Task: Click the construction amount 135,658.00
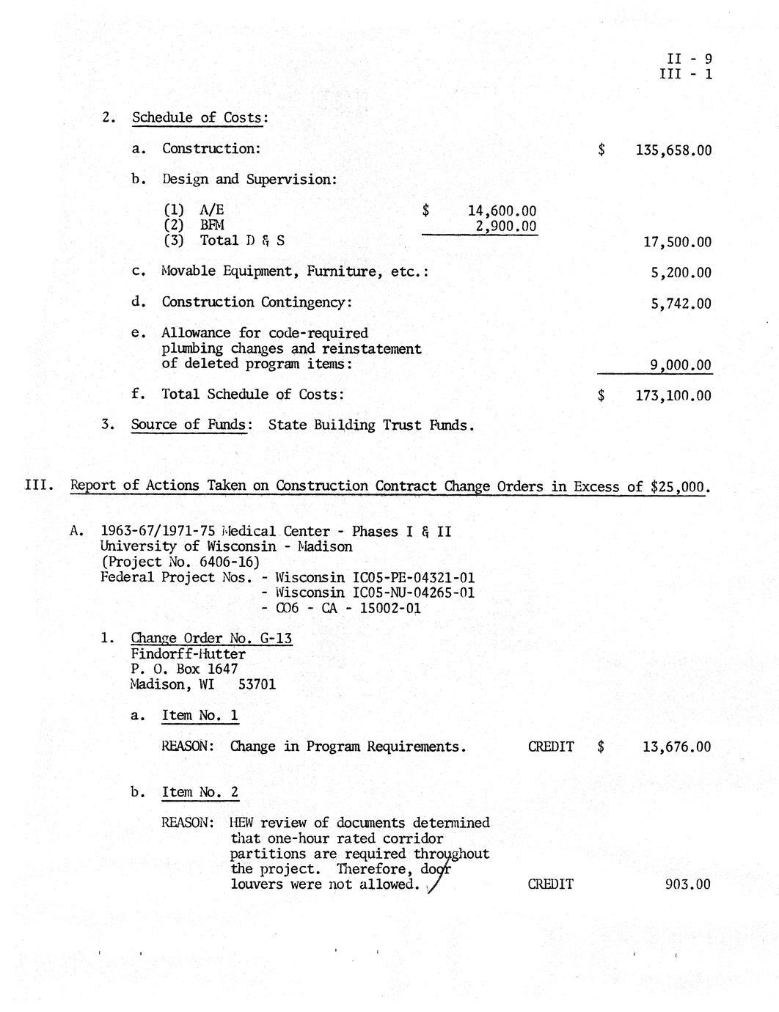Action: [673, 150]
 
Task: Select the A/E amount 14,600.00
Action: [502, 211]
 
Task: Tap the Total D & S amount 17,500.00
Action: [677, 242]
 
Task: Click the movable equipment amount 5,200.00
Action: [681, 273]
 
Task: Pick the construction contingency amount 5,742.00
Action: [681, 304]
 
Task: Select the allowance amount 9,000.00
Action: [681, 365]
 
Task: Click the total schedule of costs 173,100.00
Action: [673, 396]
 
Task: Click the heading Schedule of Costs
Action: [199, 117]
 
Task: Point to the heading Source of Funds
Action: [189, 425]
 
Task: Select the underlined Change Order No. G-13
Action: [211, 638]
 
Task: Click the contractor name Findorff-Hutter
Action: [188, 653]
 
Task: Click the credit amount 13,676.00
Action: [676, 747]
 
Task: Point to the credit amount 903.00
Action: [687, 884]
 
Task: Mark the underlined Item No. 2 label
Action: [200, 792]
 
